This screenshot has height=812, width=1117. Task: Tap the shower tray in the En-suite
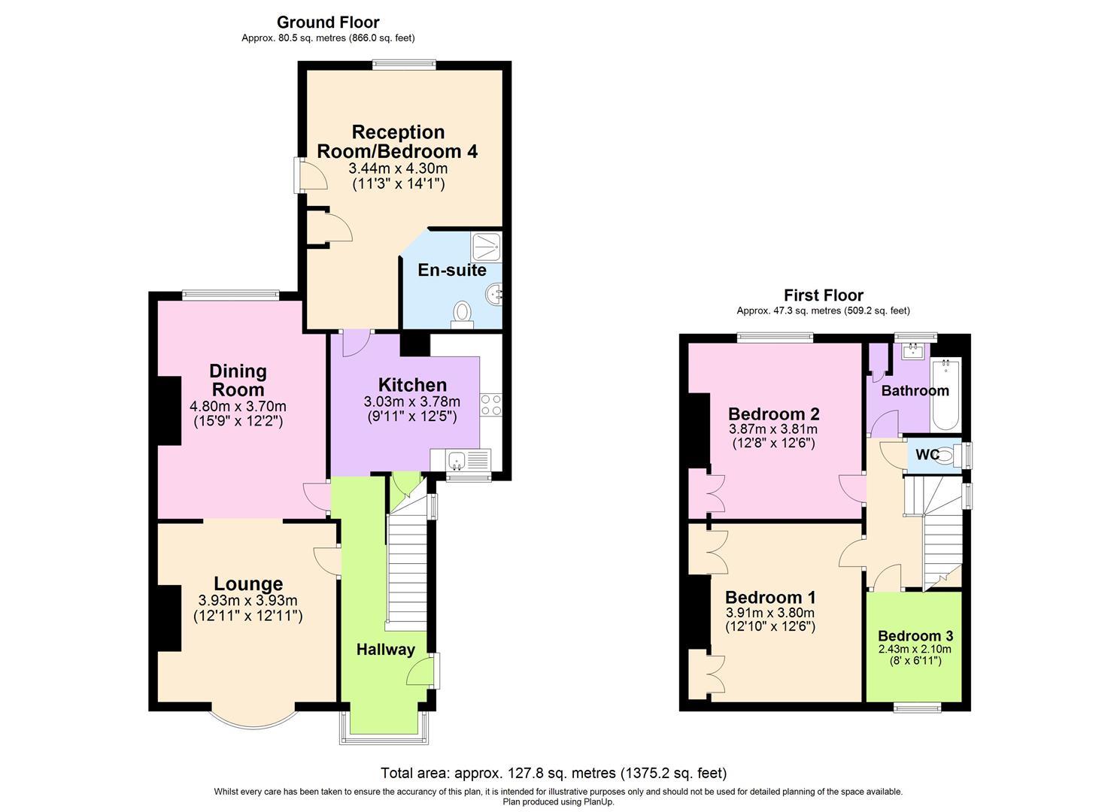486,245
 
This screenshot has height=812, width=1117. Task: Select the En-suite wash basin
494,295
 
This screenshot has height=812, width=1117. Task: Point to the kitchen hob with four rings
490,405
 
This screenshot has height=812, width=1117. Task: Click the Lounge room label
248,583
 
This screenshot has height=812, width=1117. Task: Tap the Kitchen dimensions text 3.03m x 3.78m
411,402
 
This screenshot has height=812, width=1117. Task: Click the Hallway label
385,650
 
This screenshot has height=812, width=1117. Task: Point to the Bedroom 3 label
915,636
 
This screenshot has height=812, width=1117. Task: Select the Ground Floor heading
328,23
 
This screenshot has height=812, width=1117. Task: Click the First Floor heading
823,295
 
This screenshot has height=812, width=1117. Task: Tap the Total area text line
554,773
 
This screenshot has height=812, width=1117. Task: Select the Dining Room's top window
230,295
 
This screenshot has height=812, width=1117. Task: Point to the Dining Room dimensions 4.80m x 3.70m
238,407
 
